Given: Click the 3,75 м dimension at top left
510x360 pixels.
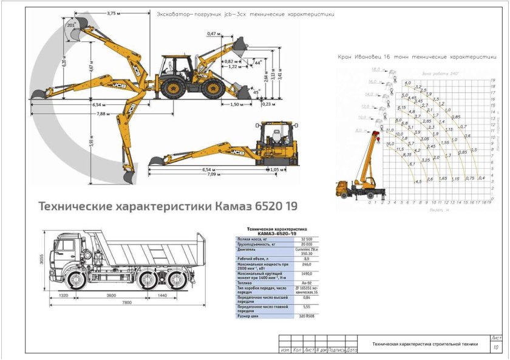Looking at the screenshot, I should (x=110, y=13).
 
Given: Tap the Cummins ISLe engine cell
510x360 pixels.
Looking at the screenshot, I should (x=307, y=251).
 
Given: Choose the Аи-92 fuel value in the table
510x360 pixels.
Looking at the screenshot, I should (x=307, y=282).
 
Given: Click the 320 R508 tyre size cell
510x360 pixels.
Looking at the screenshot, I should (x=307, y=316).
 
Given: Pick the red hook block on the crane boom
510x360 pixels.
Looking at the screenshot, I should (x=376, y=134).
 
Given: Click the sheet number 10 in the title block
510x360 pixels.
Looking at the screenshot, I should (x=496, y=347).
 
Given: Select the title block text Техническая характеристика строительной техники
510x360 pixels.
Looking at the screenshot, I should (x=425, y=344).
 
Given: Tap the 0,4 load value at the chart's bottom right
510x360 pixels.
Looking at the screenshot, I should (x=482, y=178).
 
